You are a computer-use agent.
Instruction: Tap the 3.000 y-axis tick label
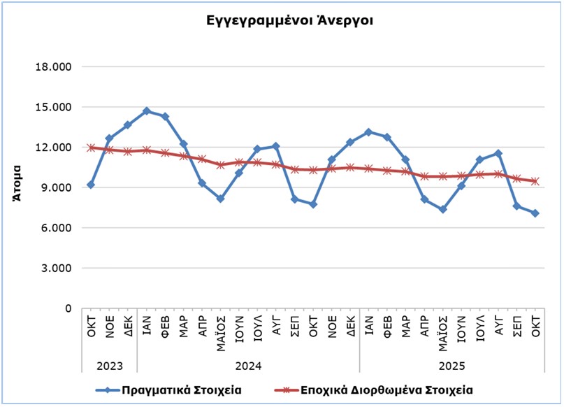[62, 269]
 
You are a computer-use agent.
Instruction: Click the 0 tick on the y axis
[68, 308]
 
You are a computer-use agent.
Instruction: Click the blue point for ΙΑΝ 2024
[146, 111]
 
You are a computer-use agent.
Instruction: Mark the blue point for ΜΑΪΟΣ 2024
[220, 199]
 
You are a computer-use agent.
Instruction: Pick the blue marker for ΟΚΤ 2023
[91, 185]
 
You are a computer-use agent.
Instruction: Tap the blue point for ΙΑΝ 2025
[368, 132]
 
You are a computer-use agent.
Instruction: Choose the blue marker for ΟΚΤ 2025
[535, 213]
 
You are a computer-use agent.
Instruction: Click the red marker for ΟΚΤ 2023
[91, 148]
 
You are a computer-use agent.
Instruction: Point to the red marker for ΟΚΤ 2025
[535, 181]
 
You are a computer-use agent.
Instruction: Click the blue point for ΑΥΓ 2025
[498, 153]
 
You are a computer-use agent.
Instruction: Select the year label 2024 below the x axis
[248, 366]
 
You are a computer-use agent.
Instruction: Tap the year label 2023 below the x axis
[109, 366]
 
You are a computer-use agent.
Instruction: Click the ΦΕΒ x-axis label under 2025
[387, 327]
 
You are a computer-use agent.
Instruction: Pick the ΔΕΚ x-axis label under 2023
[128, 327]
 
